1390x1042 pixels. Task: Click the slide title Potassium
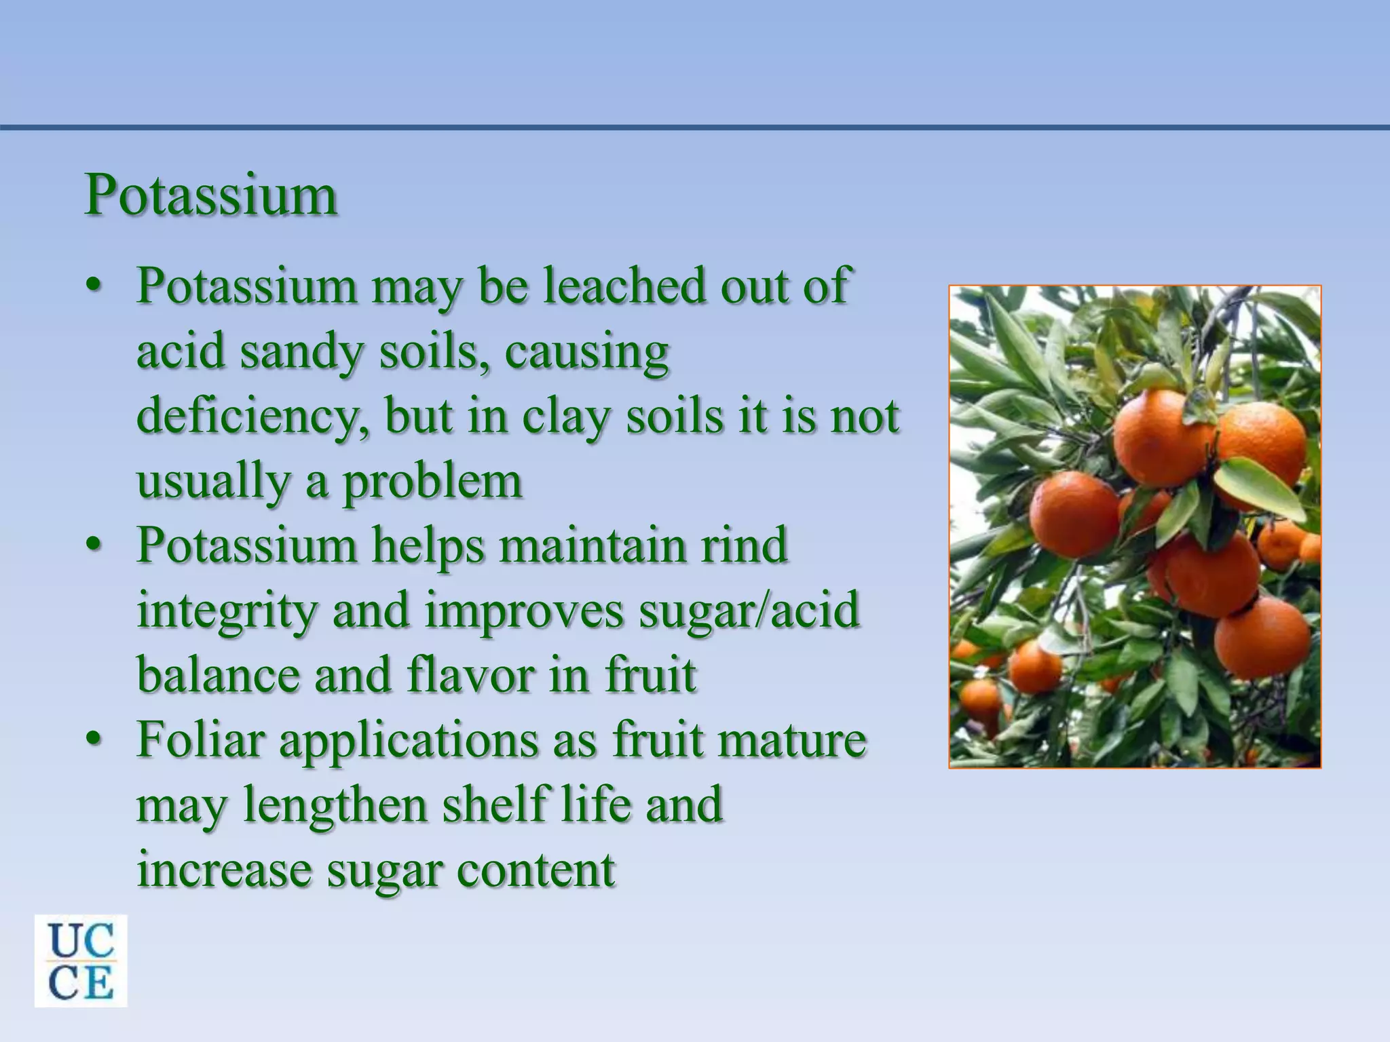tap(211, 195)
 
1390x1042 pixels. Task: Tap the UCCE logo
tap(81, 961)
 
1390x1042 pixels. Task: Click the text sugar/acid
tap(749, 610)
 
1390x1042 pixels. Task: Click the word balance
tap(218, 675)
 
